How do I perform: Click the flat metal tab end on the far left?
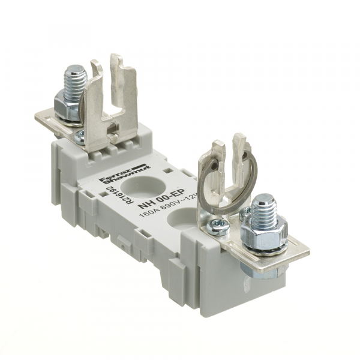click(x=42, y=118)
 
